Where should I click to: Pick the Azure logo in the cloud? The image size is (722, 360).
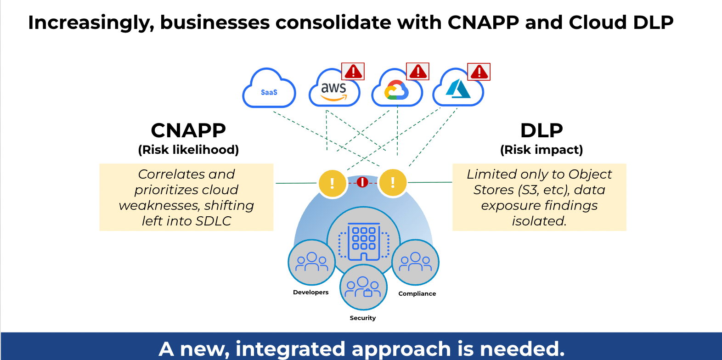458,89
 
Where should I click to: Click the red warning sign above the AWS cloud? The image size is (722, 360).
353,72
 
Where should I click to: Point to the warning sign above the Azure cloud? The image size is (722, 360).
479,72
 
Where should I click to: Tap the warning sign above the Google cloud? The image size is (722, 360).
418,72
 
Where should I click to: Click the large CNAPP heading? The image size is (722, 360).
188,130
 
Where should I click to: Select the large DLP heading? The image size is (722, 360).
541,130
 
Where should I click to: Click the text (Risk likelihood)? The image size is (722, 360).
188,150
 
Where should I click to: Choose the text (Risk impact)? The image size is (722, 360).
541,150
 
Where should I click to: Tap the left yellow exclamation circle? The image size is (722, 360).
332,183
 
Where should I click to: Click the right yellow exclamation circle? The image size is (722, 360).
393,182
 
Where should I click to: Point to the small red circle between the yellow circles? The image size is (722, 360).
362,182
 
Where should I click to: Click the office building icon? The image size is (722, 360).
364,242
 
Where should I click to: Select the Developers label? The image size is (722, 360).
311,292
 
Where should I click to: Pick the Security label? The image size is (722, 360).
363,318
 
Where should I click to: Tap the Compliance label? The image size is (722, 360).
417,293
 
